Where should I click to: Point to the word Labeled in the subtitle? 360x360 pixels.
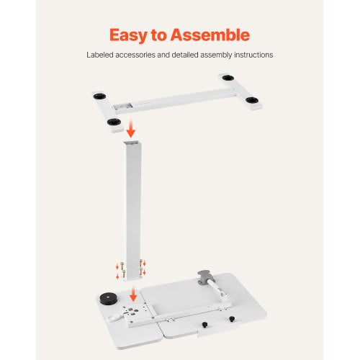101,55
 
